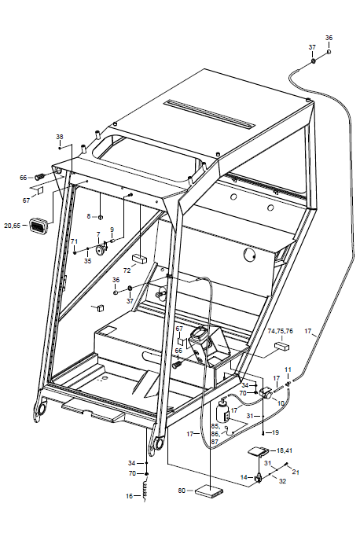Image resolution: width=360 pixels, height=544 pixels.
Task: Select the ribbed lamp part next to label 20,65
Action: tap(38, 225)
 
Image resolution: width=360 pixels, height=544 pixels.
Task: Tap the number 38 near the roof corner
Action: tap(60, 137)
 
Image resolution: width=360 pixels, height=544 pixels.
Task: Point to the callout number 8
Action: tap(89, 216)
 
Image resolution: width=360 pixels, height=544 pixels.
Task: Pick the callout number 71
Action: tap(74, 241)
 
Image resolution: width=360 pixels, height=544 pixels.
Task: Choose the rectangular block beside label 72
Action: tap(139, 259)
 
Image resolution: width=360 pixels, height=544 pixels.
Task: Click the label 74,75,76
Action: tap(280, 331)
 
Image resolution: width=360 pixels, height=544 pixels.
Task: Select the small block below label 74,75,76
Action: tap(282, 346)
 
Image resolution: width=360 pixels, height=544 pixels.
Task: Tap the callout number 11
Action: tap(288, 369)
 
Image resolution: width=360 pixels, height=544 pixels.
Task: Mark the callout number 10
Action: tap(281, 403)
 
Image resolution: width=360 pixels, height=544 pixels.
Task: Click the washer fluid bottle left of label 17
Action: tap(222, 410)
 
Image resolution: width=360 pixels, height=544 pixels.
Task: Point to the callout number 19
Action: tap(275, 432)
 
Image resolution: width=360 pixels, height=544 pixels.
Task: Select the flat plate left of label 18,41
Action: tap(258, 451)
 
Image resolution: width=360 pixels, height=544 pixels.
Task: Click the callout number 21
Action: tap(296, 472)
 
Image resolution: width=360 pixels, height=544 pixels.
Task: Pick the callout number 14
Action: tap(244, 477)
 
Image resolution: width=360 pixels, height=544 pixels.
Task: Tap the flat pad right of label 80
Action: tap(209, 491)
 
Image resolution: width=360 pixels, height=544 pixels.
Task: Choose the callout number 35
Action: tap(87, 260)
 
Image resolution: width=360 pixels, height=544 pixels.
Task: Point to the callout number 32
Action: tap(283, 481)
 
